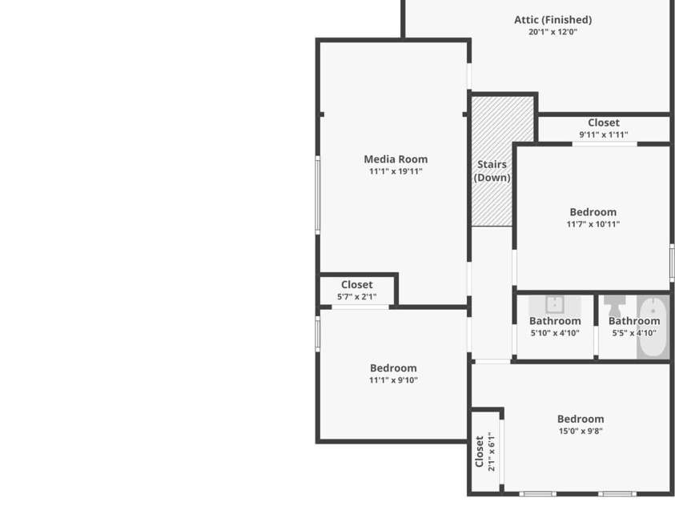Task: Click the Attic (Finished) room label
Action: pyautogui.click(x=552, y=20)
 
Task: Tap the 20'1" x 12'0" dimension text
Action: pyautogui.click(x=552, y=32)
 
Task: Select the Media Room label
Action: pyautogui.click(x=396, y=159)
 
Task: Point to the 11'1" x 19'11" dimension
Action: pyautogui.click(x=396, y=171)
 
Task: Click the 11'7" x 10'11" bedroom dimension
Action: pyautogui.click(x=593, y=224)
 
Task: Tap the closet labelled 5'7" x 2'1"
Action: pyautogui.click(x=356, y=291)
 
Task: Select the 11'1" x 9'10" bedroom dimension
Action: pyautogui.click(x=393, y=380)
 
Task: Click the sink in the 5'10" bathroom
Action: pyautogui.click(x=556, y=305)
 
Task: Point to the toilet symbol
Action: pyautogui.click(x=615, y=306)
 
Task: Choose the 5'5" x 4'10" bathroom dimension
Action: pyautogui.click(x=634, y=333)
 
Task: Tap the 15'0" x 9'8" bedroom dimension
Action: pyautogui.click(x=581, y=431)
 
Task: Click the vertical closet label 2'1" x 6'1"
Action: pyautogui.click(x=485, y=452)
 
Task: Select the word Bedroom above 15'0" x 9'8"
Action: pyautogui.click(x=581, y=419)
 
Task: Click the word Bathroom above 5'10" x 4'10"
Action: pyautogui.click(x=555, y=321)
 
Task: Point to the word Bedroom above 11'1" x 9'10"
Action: pyautogui.click(x=393, y=368)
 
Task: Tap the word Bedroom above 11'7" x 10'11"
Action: pyautogui.click(x=593, y=212)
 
